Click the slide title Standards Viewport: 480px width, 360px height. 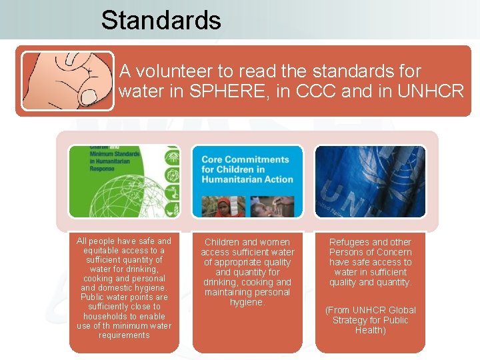pyautogui.click(x=161, y=20)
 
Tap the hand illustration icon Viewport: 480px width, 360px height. pyautogui.click(x=67, y=81)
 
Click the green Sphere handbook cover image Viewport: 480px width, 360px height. pyautogui.click(x=124, y=181)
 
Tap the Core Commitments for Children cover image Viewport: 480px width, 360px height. pyautogui.click(x=247, y=181)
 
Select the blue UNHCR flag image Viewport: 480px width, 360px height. pyautogui.click(x=370, y=181)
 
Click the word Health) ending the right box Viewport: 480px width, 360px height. pyautogui.click(x=370, y=330)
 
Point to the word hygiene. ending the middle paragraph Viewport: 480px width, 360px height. pyautogui.click(x=247, y=302)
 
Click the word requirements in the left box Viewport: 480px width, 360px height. pyautogui.click(x=124, y=335)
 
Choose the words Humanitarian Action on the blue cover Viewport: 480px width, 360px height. pyautogui.click(x=247, y=179)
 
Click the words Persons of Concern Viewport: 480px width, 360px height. pyautogui.click(x=370, y=252)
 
